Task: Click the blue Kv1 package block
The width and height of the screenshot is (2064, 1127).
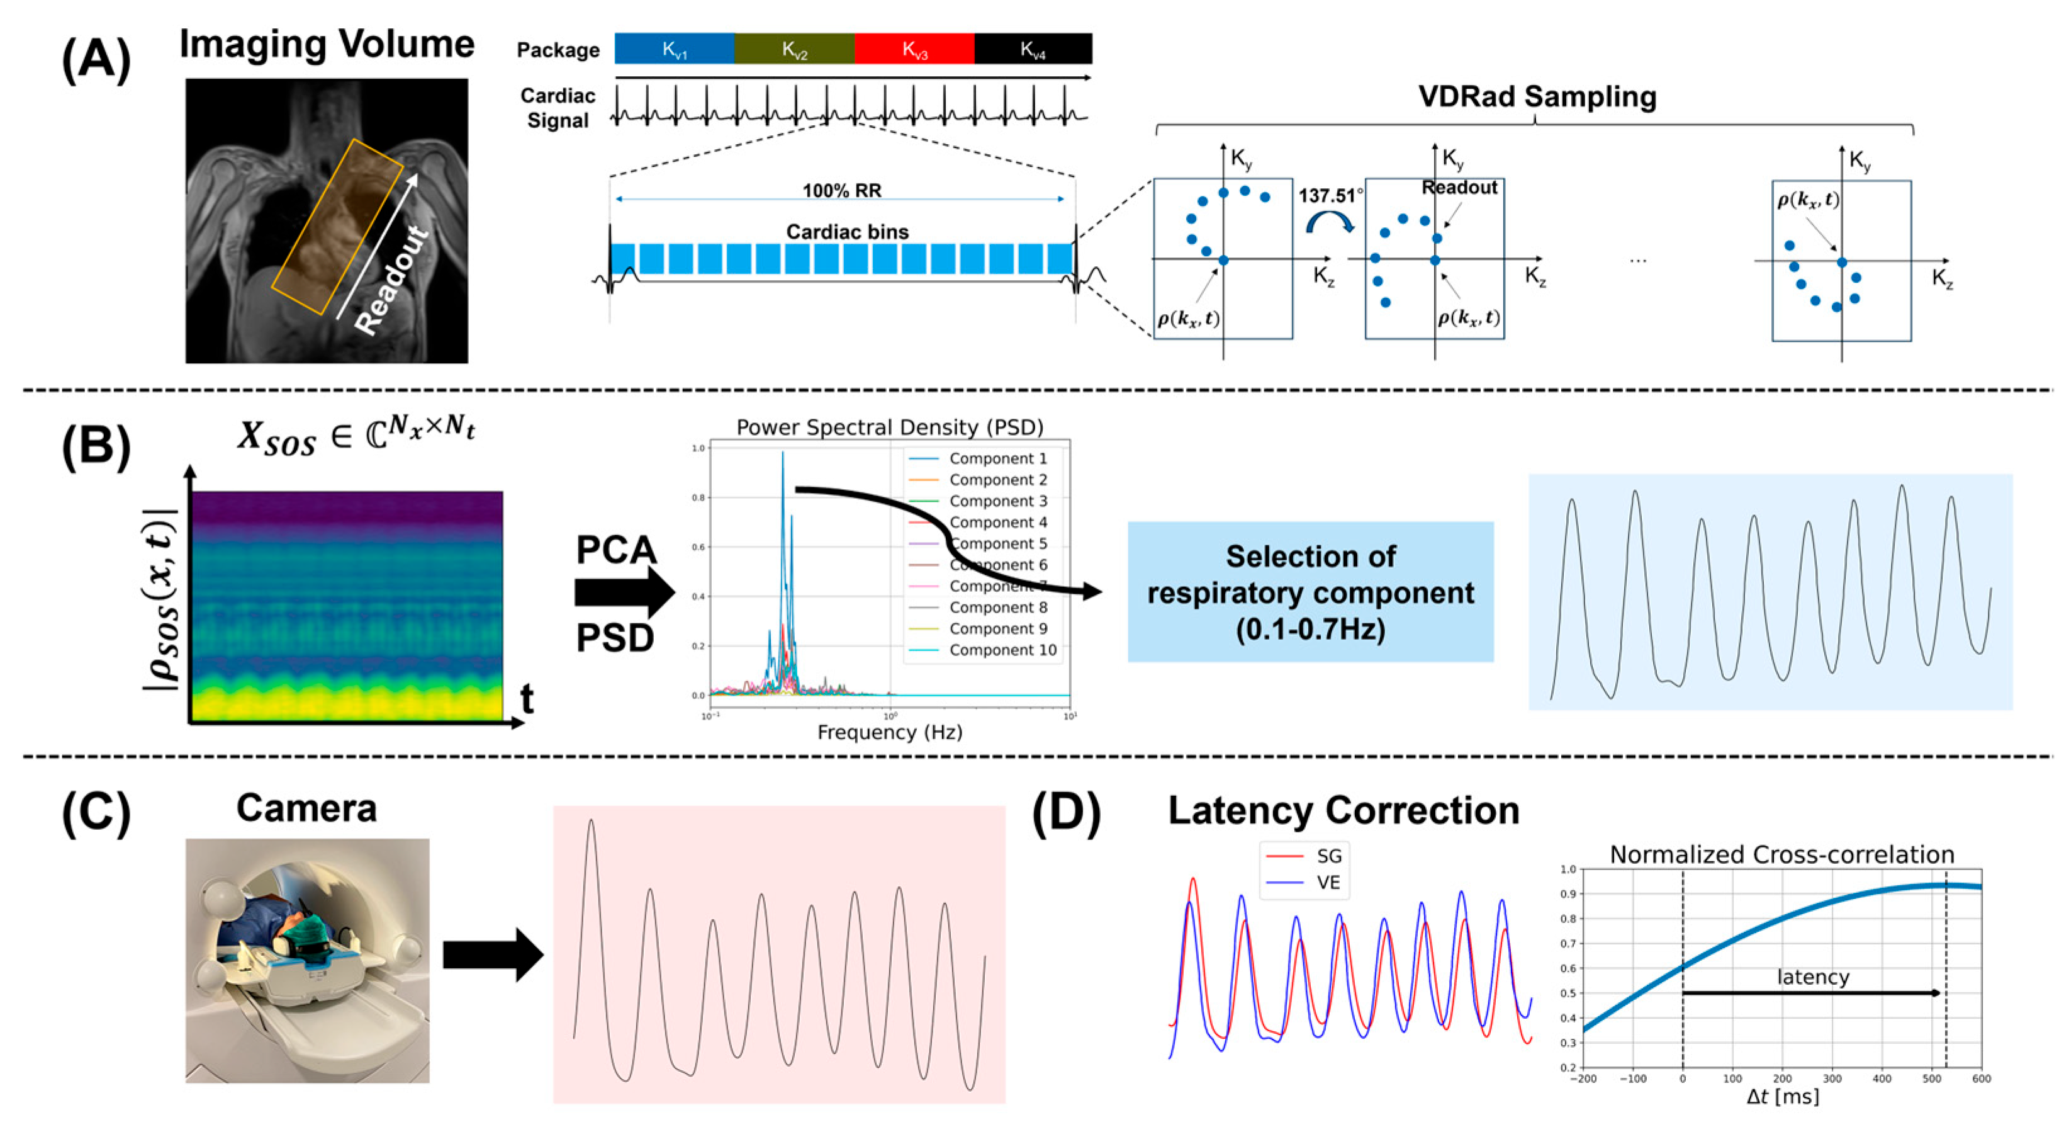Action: point(674,49)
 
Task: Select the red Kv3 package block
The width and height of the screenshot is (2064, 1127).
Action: point(914,49)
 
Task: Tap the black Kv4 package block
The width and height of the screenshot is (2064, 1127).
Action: point(1033,49)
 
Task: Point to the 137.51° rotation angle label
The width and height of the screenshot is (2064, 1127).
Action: point(1330,196)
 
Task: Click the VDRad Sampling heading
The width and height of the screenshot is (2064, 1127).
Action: point(1537,96)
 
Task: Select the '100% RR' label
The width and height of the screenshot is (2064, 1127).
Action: point(841,190)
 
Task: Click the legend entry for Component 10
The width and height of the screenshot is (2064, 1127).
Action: point(1002,650)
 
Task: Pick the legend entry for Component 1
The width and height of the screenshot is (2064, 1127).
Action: point(997,458)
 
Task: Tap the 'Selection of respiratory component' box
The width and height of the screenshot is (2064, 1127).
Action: point(1310,592)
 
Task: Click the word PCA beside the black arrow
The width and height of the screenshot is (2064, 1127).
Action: point(616,550)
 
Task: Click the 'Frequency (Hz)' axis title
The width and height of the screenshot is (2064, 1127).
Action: point(889,732)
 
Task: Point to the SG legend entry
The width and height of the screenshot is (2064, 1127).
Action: point(1328,856)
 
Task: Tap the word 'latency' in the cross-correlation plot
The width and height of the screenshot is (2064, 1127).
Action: point(1812,977)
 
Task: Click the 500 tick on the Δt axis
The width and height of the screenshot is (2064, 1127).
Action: point(1932,1079)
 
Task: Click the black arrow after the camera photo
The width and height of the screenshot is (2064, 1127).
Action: point(493,954)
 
